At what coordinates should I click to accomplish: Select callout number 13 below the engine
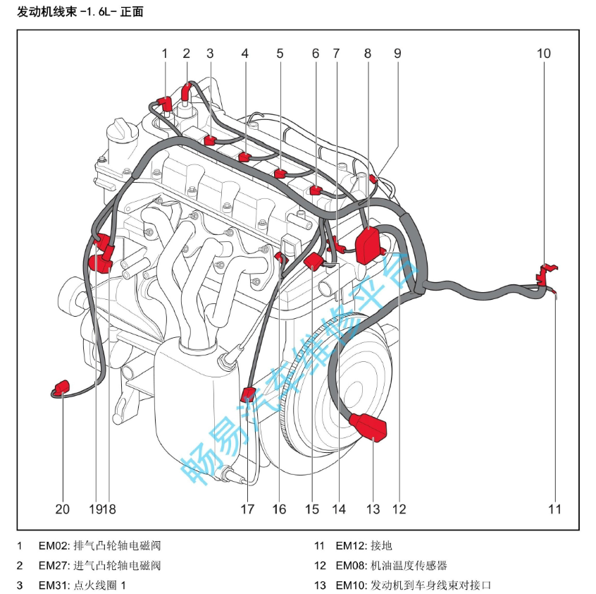coord(373,509)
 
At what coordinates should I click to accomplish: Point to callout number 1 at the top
coord(165,53)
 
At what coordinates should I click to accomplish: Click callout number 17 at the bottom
coord(247,509)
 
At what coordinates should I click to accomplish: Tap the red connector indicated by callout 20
coord(62,388)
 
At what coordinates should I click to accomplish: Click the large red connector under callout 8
coord(368,244)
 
